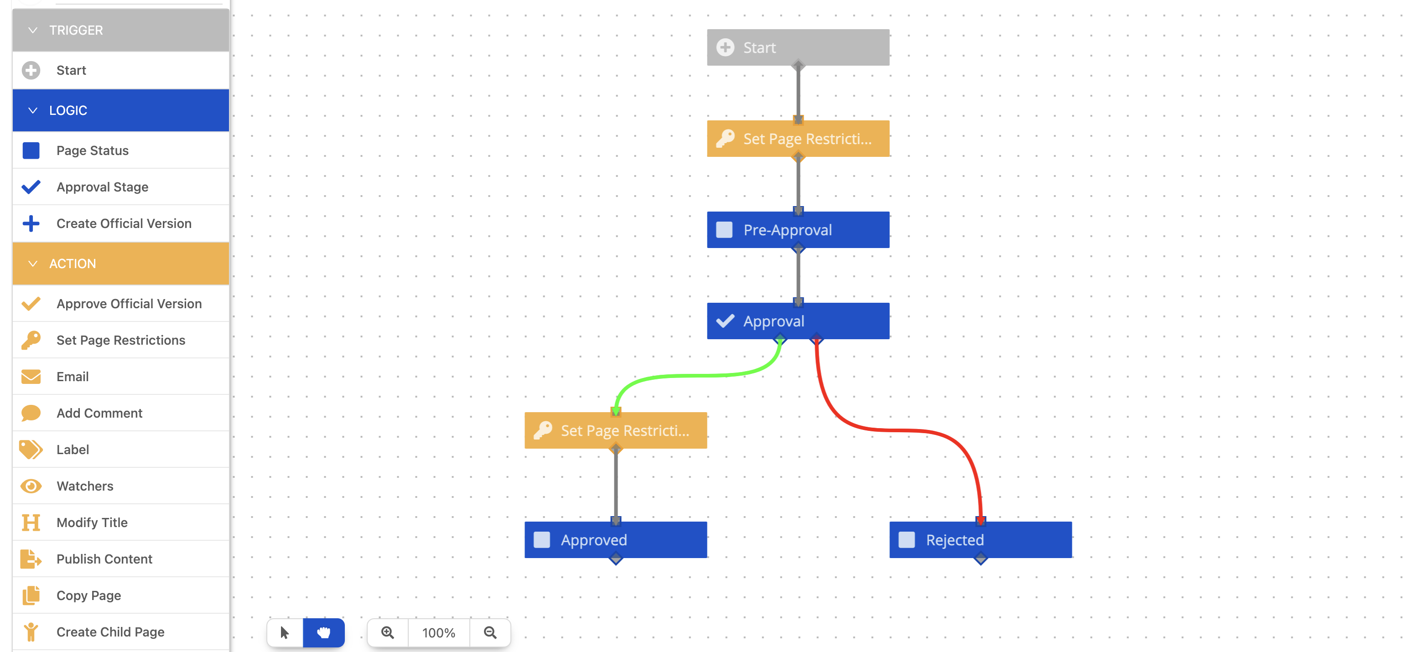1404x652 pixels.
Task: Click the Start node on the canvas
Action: point(797,47)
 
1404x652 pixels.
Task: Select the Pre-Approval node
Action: point(797,230)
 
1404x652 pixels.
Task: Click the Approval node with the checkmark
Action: point(797,321)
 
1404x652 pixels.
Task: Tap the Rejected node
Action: point(980,540)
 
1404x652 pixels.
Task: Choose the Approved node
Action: point(615,540)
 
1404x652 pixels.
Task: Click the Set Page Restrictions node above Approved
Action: point(615,430)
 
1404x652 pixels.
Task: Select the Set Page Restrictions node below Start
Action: point(797,139)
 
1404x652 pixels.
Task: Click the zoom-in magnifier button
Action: point(388,632)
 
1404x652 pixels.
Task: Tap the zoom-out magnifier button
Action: point(490,632)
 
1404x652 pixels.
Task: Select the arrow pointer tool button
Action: point(285,632)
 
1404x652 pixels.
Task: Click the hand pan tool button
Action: point(324,632)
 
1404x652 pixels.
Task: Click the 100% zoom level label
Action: point(439,632)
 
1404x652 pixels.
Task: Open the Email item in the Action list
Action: point(73,377)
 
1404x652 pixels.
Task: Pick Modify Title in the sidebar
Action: point(92,523)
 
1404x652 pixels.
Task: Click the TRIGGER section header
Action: point(120,31)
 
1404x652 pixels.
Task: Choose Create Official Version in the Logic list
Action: point(124,223)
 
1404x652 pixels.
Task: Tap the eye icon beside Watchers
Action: point(31,486)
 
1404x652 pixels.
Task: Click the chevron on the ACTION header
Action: point(33,264)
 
